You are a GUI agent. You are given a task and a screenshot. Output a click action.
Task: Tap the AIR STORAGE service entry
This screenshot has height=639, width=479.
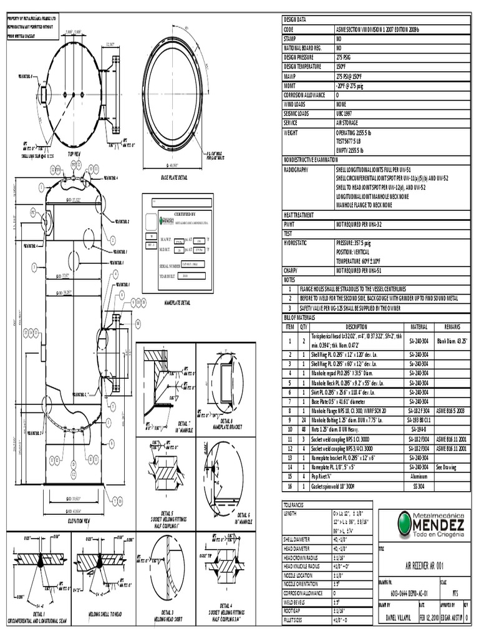[348, 123]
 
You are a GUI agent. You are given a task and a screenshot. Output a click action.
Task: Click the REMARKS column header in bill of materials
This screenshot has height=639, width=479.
[452, 326]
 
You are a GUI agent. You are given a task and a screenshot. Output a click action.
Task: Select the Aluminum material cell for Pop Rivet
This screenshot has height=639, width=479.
[418, 476]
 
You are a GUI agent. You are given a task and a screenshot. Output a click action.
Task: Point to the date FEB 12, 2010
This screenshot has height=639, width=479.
[430, 617]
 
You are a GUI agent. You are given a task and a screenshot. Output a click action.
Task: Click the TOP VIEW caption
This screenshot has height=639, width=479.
[74, 154]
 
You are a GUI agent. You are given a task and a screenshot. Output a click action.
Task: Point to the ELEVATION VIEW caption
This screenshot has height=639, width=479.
[79, 520]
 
